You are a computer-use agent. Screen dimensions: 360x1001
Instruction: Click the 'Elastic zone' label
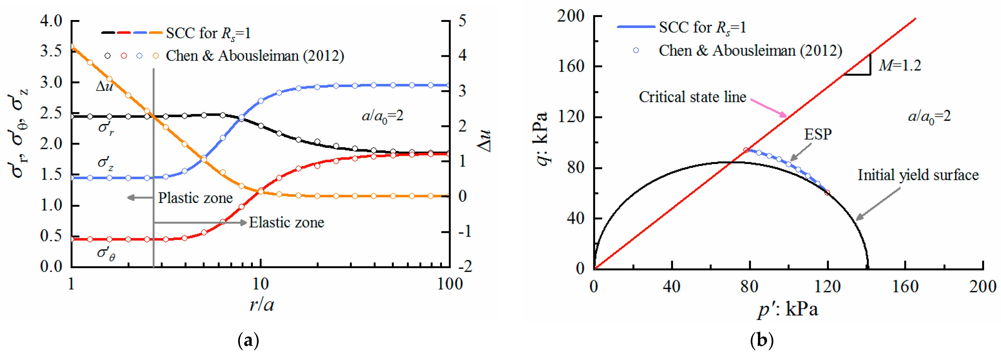tap(286, 222)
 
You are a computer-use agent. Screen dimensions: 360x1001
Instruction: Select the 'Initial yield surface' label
tap(918, 175)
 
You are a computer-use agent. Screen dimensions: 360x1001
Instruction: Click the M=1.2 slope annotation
tap(900, 65)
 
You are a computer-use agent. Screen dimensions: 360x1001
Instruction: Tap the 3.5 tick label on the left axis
tap(51, 51)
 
